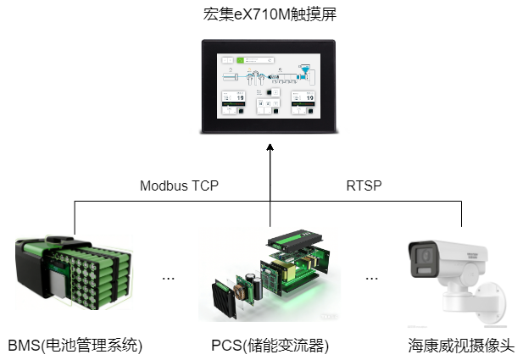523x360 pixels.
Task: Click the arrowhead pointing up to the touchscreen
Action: click(x=270, y=149)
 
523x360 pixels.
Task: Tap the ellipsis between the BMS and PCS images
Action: click(x=168, y=278)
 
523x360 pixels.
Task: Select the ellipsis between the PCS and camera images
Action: click(x=371, y=278)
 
